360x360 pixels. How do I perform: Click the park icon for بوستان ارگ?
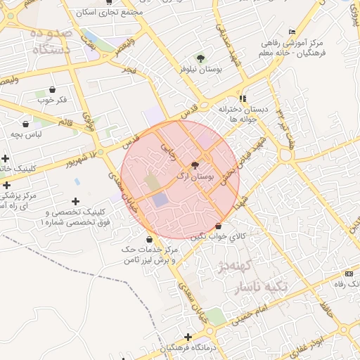click(x=195, y=163)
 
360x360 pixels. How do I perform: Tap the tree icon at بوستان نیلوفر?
click(x=201, y=59)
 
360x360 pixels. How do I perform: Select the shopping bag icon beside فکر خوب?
click(x=53, y=89)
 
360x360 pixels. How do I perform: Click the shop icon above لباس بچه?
click(x=26, y=124)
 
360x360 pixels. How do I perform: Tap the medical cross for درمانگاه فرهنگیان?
click(x=187, y=337)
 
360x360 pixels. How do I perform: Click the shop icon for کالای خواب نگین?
click(x=219, y=226)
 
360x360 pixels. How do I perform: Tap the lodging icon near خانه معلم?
click(x=292, y=32)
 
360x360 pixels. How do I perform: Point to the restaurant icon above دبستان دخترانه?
click(x=243, y=98)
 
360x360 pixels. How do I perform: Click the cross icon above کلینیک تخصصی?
click(x=76, y=202)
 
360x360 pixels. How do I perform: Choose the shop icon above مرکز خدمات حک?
click(x=150, y=239)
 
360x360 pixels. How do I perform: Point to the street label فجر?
click(x=129, y=70)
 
